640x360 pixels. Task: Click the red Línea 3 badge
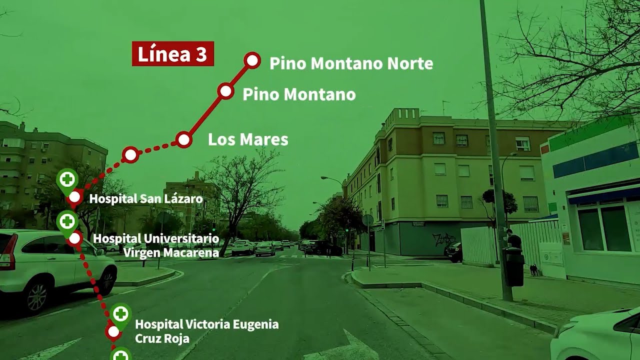(172, 54)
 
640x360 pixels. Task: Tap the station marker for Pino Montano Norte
(252, 61)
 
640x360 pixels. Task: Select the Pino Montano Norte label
(351, 63)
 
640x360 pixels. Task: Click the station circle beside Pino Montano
(225, 91)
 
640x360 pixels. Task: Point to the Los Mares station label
(248, 139)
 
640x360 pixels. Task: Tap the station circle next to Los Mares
(184, 139)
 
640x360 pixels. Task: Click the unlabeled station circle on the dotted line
(130, 155)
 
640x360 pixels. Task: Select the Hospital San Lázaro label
(146, 199)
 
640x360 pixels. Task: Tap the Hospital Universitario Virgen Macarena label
(156, 245)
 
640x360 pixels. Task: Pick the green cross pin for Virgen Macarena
(66, 220)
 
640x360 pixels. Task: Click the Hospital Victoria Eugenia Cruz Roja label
(206, 331)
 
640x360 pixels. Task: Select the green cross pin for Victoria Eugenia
(120, 314)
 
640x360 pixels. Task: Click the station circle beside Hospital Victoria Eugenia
(113, 331)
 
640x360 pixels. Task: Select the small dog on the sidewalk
(534, 270)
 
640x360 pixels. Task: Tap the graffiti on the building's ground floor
(443, 239)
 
